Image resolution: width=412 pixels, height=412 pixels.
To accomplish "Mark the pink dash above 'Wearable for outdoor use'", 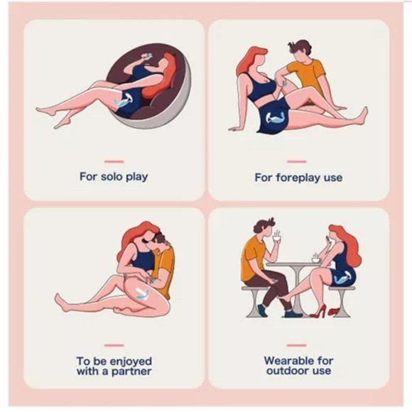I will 297,345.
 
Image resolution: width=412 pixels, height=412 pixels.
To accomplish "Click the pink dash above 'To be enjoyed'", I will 114,345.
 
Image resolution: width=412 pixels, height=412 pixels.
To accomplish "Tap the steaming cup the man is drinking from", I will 276,239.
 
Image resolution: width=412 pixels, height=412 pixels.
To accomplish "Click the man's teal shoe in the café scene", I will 293,313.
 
